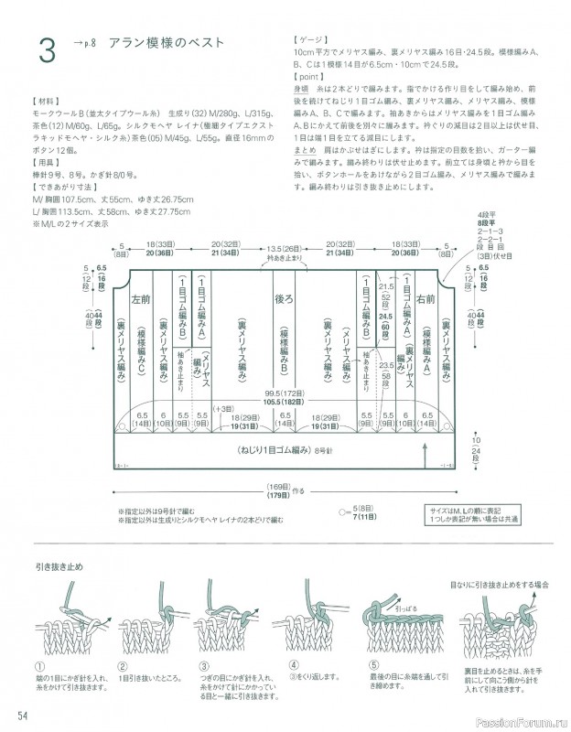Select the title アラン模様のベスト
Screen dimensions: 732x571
[165, 43]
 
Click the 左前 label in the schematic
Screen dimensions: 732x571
[141, 298]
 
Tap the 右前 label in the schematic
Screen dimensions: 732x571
[425, 298]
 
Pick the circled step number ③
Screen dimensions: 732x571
[203, 665]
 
